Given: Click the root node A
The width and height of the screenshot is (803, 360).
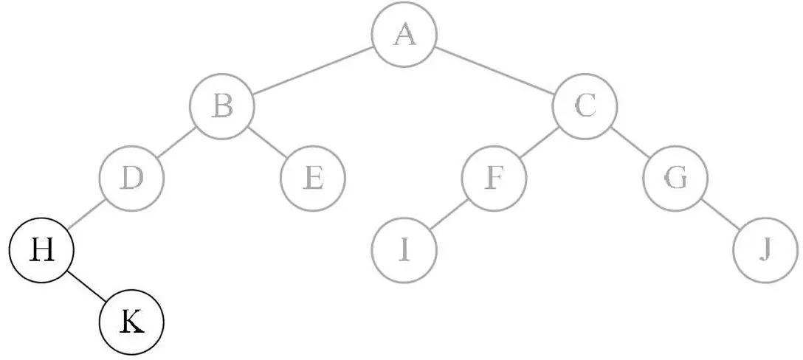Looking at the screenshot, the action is point(404,35).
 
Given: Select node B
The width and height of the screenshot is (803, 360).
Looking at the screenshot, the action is point(222,106).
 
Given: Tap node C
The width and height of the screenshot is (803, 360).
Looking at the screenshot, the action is point(585,106).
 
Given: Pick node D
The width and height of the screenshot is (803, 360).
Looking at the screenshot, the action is point(131,178).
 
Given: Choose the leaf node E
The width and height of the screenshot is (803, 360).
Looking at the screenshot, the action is point(313,178).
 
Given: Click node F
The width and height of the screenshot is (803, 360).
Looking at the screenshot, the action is point(494,178).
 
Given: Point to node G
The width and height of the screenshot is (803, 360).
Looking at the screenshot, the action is point(675,178).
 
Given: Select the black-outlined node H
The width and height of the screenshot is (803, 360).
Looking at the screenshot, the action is point(41,251).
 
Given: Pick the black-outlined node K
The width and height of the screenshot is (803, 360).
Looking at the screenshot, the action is point(131,322).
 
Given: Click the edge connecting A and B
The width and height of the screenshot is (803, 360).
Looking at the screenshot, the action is point(313,71).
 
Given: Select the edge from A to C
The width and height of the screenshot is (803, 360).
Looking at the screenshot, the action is point(494,71).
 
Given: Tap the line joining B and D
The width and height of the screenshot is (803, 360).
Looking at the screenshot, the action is point(177,142).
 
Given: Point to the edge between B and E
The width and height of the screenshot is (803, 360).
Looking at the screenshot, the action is point(267,142).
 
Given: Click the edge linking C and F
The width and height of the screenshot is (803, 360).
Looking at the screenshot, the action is point(540,142).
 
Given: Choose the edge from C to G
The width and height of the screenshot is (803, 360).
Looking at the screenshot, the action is point(630,142).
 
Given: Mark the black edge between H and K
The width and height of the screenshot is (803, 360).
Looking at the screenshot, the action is point(86,287).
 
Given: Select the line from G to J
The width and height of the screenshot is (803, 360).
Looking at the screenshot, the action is point(721,214).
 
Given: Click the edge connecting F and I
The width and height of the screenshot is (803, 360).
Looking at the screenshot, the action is point(449,214).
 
